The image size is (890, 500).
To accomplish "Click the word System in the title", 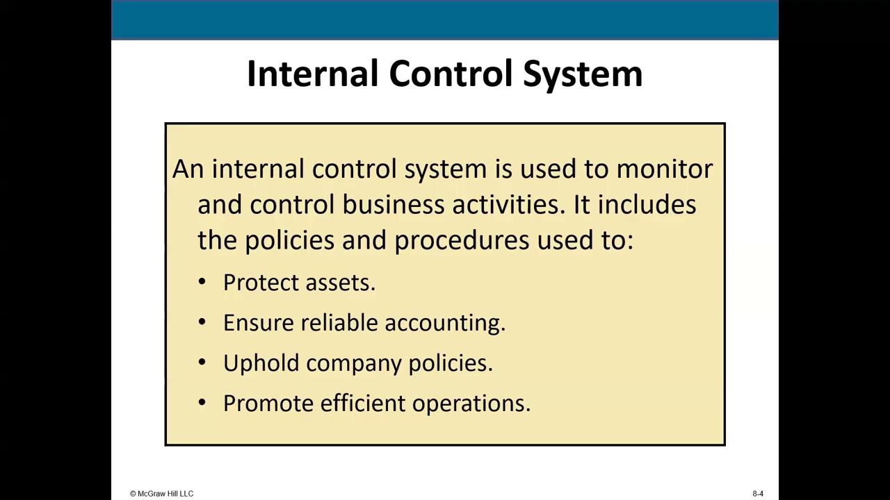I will click(x=583, y=74).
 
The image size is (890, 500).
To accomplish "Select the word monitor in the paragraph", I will click(x=664, y=169).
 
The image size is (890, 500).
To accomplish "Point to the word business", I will click(x=394, y=205).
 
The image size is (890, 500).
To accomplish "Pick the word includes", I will click(x=647, y=205).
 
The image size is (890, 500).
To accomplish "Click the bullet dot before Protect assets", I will click(x=202, y=281).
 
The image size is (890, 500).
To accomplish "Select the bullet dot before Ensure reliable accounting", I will click(x=202, y=322).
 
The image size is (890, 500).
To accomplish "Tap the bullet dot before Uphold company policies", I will click(x=202, y=362).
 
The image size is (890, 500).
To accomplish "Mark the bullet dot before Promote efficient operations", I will click(x=202, y=402).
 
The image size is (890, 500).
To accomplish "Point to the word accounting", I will click(x=444, y=323).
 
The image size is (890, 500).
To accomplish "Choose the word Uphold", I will click(x=261, y=363).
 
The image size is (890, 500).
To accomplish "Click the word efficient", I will click(x=362, y=403).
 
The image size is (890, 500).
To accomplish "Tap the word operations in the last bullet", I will click(x=471, y=403).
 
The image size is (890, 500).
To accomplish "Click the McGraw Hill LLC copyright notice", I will click(x=161, y=494).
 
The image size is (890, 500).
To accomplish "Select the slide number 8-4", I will click(x=758, y=494).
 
